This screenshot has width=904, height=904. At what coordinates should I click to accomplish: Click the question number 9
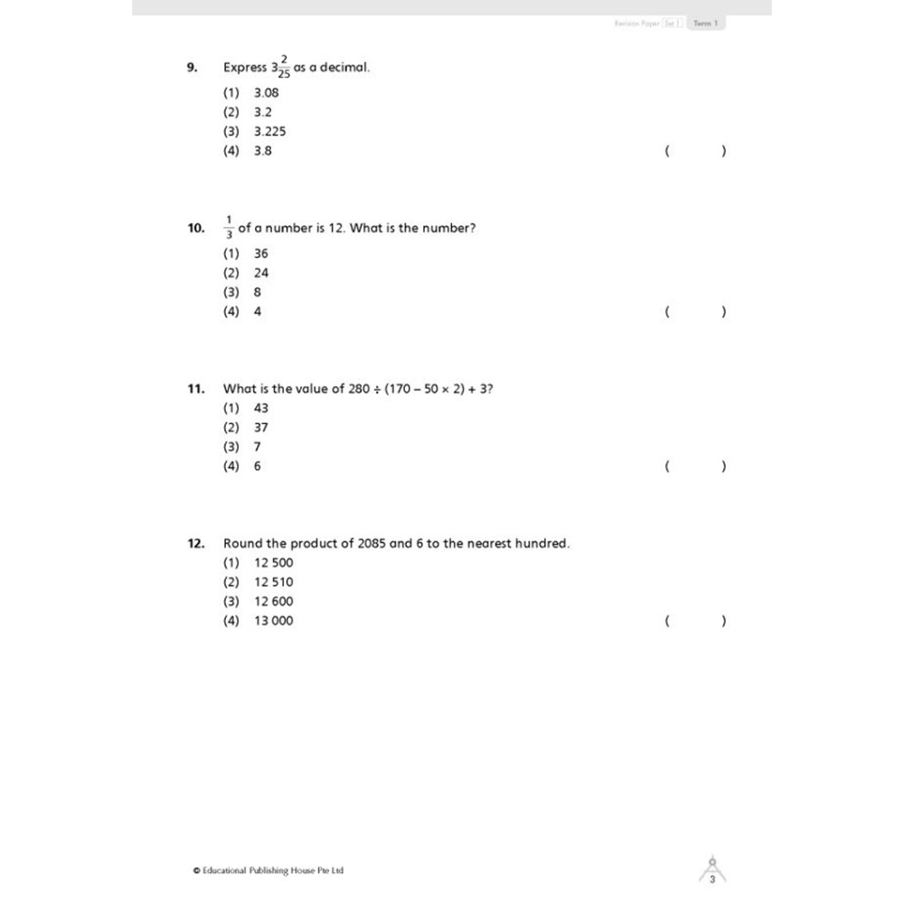click(x=192, y=67)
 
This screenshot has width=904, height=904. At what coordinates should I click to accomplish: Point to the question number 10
click(x=196, y=229)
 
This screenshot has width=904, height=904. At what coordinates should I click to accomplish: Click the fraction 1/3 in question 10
click(x=230, y=228)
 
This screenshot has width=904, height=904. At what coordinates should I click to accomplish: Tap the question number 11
click(x=196, y=389)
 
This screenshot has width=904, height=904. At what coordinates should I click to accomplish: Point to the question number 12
click(x=196, y=543)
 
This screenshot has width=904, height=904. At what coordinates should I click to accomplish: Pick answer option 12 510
click(x=274, y=582)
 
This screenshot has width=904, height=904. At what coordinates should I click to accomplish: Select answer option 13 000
click(x=274, y=621)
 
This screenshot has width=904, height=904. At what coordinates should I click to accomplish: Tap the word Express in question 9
click(x=245, y=68)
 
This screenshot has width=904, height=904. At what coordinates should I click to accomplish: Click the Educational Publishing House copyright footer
click(x=268, y=871)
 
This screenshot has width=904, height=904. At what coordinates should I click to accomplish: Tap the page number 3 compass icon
click(x=712, y=872)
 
